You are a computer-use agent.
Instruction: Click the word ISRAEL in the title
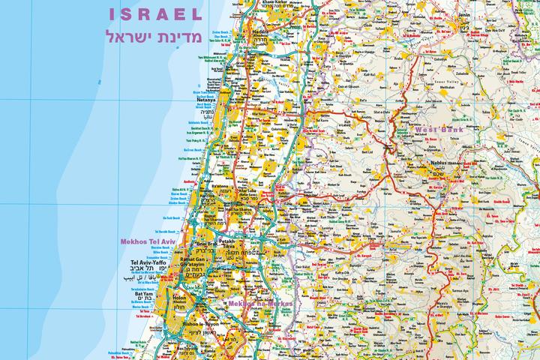(155, 14)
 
